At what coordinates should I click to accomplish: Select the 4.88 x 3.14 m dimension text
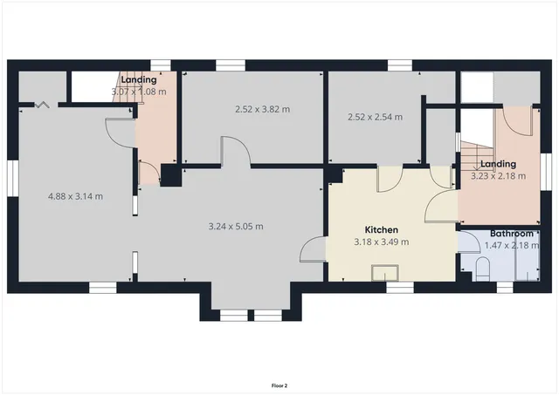pos(75,196)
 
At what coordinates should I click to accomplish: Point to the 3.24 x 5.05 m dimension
pos(236,227)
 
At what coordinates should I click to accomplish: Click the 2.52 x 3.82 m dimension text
pos(262,109)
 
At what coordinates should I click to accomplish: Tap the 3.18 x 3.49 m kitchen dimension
pos(382,242)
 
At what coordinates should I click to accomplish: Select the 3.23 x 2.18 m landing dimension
pos(498,175)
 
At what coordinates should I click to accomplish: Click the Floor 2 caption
pos(279,385)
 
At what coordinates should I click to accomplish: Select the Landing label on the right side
pos(498,164)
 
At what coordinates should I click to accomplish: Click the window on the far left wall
pos(12,174)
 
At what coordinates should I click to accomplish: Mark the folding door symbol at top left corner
pos(41,106)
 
